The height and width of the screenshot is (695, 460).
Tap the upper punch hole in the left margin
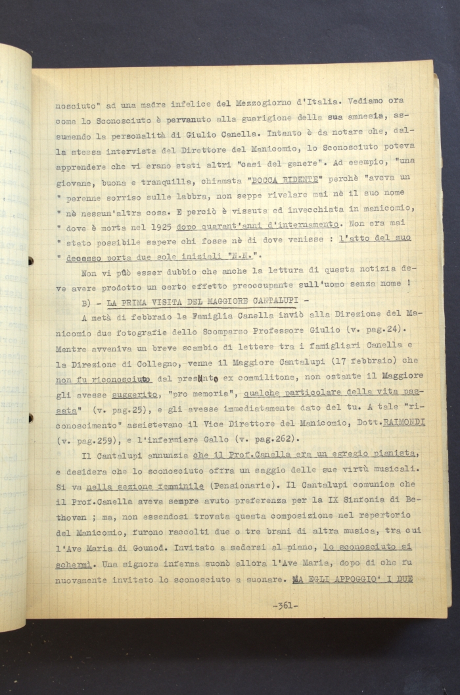[x=31, y=261]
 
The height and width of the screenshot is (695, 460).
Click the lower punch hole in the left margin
[x=31, y=417]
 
